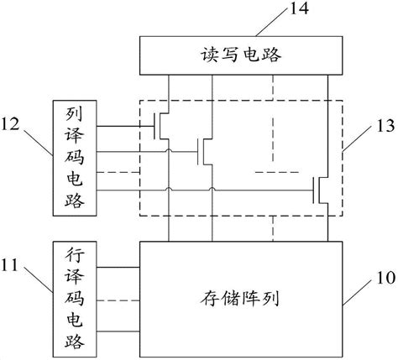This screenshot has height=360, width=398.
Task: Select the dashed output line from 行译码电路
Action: [118, 300]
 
